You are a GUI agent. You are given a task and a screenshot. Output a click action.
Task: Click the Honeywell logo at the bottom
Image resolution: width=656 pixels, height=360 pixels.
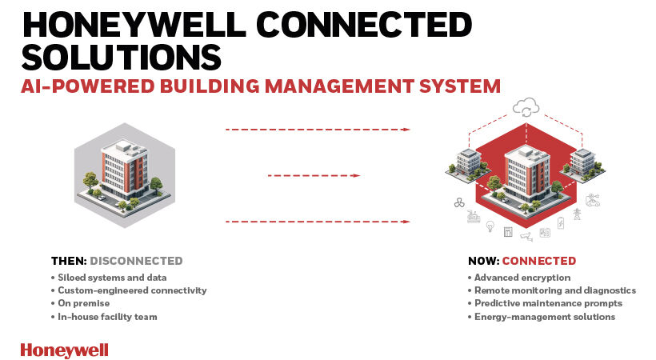64,350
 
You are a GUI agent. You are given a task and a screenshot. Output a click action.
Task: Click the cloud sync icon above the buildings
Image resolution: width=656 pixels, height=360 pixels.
526,106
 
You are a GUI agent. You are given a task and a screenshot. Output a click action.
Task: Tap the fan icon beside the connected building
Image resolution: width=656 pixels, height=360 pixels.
459,202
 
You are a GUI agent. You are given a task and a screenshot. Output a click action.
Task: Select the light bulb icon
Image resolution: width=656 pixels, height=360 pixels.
490,226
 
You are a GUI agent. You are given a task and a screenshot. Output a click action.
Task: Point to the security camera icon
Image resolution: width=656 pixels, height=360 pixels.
526,236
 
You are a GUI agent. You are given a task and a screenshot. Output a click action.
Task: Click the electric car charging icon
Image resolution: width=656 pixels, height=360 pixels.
592,200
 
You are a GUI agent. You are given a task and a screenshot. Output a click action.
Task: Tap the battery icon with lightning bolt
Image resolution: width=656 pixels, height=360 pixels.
561,223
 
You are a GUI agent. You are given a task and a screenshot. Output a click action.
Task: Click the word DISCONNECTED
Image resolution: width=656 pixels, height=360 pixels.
136,261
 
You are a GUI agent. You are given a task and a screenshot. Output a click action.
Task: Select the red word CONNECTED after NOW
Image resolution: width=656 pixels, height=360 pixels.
538,261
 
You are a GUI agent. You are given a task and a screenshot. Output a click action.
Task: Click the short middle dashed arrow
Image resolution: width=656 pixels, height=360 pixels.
313,175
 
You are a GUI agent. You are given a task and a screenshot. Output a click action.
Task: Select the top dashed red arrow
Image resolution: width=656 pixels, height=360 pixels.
318,129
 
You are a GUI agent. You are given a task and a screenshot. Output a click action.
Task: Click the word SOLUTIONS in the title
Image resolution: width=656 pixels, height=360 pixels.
121,57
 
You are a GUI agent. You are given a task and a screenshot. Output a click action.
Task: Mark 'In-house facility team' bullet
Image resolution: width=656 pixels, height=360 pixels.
106,317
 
